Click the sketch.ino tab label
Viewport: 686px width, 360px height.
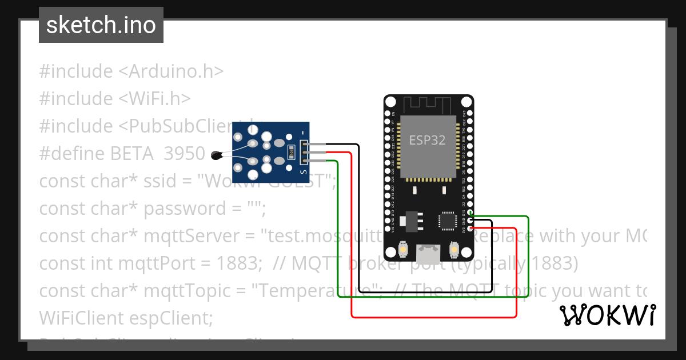101,25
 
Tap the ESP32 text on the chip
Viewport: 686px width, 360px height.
427,141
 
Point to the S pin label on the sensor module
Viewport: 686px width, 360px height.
303,171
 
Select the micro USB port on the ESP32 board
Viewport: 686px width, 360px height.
428,251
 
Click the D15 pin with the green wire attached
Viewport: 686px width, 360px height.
470,214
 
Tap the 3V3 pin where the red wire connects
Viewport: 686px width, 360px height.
470,229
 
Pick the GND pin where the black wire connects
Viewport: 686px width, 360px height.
470,221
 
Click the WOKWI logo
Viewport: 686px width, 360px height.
607,315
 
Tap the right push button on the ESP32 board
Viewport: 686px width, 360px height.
454,250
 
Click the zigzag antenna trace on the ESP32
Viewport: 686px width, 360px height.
428,106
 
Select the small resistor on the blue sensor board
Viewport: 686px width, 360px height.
290,152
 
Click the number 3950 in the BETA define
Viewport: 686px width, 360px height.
184,154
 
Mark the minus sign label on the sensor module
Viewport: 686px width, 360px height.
303,133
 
